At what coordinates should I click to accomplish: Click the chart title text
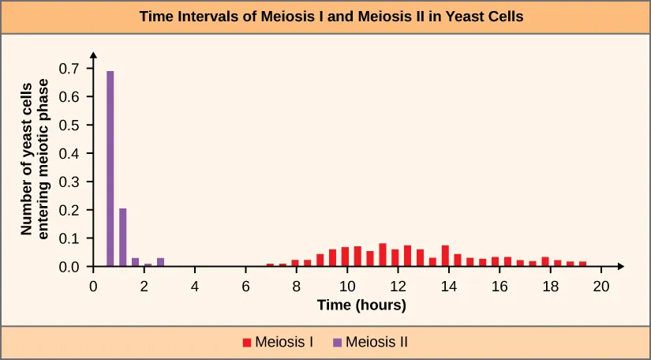tap(325, 16)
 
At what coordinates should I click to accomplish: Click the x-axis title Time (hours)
tap(361, 305)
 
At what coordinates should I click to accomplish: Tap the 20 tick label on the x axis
tap(601, 286)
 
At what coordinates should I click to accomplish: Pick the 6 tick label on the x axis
tap(246, 286)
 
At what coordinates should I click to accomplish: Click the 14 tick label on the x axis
tap(449, 286)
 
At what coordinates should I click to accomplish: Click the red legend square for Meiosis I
tap(247, 343)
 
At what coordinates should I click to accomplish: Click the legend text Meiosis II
tap(376, 343)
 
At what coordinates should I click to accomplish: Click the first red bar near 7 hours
tap(270, 265)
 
